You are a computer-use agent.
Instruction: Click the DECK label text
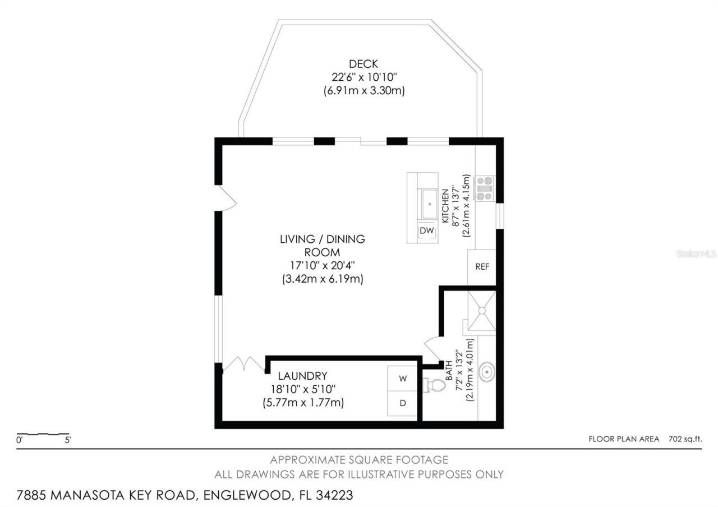click(363, 63)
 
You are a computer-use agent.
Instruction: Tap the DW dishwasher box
click(427, 231)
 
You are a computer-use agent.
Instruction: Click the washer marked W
click(402, 379)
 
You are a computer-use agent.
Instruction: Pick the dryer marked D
click(402, 403)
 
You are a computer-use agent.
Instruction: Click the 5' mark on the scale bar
click(67, 440)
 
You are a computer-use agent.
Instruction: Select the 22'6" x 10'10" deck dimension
click(363, 77)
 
